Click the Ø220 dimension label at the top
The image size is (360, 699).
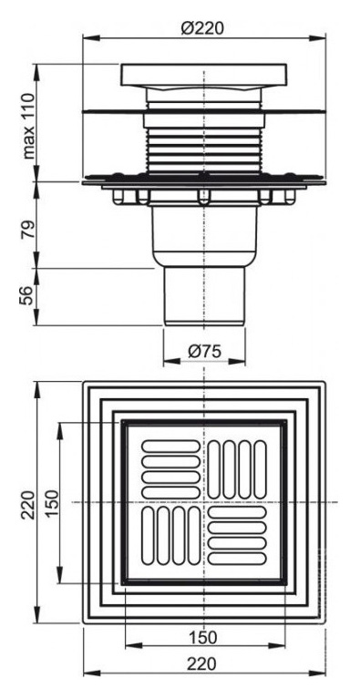[x=202, y=28]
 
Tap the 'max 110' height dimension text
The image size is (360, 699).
[x=29, y=126]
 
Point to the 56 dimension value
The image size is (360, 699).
[x=26, y=295]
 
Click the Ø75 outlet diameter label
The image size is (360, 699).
[x=205, y=352]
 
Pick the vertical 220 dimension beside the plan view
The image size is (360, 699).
[x=28, y=505]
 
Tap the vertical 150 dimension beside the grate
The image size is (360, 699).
[x=51, y=503]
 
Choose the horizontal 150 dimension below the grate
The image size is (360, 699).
[x=204, y=637]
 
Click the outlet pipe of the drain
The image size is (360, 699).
[x=204, y=296]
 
